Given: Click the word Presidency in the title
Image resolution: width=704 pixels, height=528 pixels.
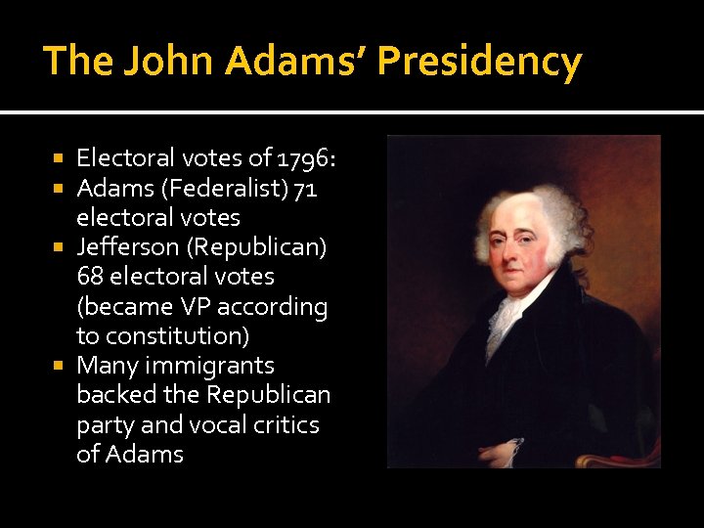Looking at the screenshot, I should pyautogui.click(x=479, y=62).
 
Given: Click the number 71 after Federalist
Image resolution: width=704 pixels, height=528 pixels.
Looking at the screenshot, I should pyautogui.click(x=303, y=188).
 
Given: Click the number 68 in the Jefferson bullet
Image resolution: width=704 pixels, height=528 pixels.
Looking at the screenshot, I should pyautogui.click(x=92, y=277).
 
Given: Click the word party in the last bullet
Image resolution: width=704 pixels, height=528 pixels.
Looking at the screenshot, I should pyautogui.click(x=105, y=425).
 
